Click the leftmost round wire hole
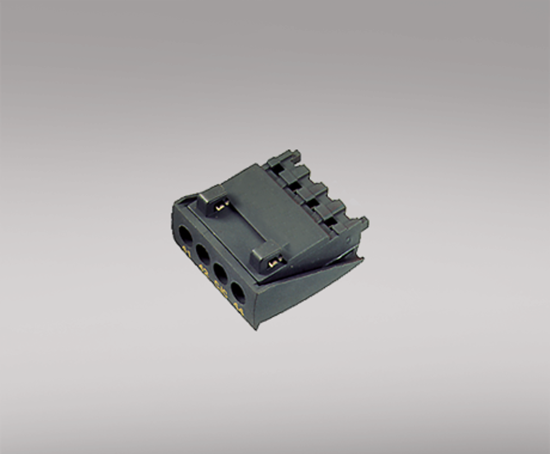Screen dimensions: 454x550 click(185, 233)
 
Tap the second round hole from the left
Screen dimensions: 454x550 click(203, 254)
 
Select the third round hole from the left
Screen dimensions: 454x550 click(221, 274)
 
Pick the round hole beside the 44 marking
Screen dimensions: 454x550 click(238, 292)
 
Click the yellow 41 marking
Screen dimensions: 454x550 click(186, 253)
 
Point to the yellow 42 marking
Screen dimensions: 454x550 click(203, 272)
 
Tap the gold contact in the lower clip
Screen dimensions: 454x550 click(273, 262)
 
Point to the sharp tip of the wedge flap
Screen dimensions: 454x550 click(363, 258)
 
